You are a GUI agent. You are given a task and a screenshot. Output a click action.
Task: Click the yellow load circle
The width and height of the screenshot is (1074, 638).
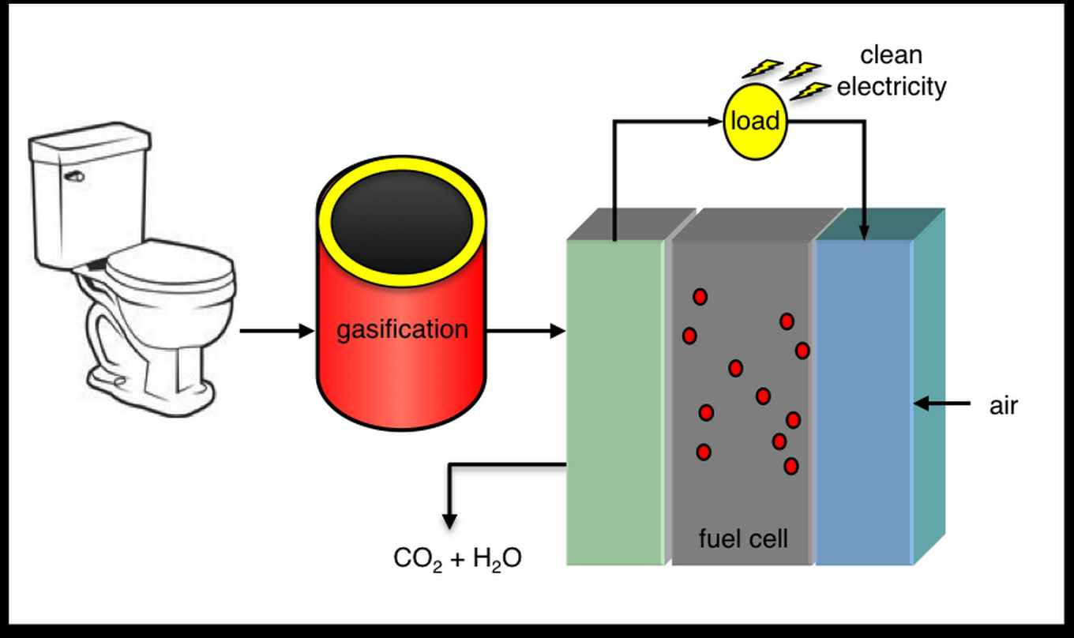(756, 122)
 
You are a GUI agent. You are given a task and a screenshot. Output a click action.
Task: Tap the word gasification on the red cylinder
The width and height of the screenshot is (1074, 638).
(402, 328)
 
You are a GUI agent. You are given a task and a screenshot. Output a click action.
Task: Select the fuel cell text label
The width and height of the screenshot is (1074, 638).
(743, 539)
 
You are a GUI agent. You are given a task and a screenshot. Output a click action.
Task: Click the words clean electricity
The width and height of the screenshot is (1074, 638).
(892, 71)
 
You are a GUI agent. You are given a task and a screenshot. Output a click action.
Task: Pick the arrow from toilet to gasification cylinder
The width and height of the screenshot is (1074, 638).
(276, 332)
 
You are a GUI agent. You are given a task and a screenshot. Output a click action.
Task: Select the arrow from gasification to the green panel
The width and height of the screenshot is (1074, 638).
(526, 332)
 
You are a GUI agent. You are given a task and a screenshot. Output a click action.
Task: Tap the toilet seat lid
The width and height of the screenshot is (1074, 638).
(169, 268)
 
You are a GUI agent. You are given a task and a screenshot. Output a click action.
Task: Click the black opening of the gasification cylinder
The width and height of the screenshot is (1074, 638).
(402, 229)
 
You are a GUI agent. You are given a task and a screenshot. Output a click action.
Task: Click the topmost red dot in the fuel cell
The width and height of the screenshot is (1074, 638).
(700, 297)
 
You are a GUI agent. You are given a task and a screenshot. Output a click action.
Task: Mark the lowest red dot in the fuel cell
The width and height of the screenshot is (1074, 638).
(790, 466)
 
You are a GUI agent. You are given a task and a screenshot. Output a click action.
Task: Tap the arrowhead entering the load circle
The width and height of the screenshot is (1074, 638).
(718, 122)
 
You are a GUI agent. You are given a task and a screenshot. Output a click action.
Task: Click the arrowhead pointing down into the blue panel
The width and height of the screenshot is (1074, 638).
(864, 232)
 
